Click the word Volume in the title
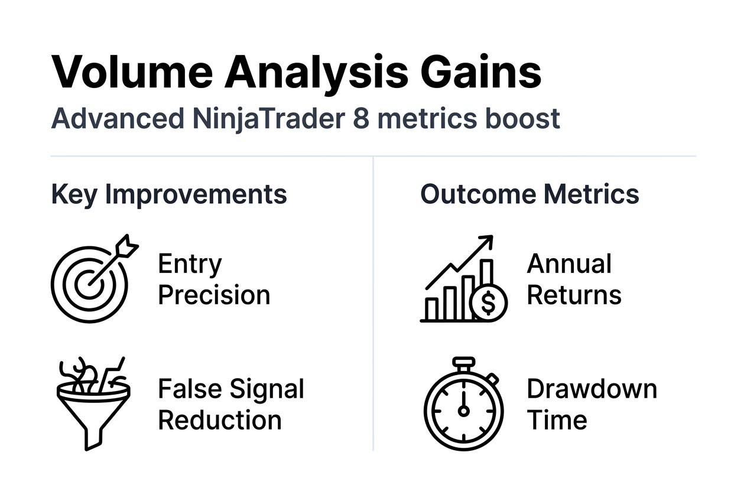[x=132, y=72]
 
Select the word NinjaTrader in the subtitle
[x=268, y=118]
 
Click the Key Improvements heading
[x=169, y=194]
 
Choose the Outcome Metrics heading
[x=530, y=194]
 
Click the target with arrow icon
[x=91, y=280]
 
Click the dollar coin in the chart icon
[x=489, y=302]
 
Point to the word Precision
[x=214, y=295]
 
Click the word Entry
[x=190, y=264]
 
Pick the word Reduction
[x=220, y=420]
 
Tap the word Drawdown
[x=592, y=389]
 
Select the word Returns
[x=574, y=295]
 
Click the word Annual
[x=569, y=264]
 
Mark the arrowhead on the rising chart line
[x=486, y=240]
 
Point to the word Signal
[x=267, y=389]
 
